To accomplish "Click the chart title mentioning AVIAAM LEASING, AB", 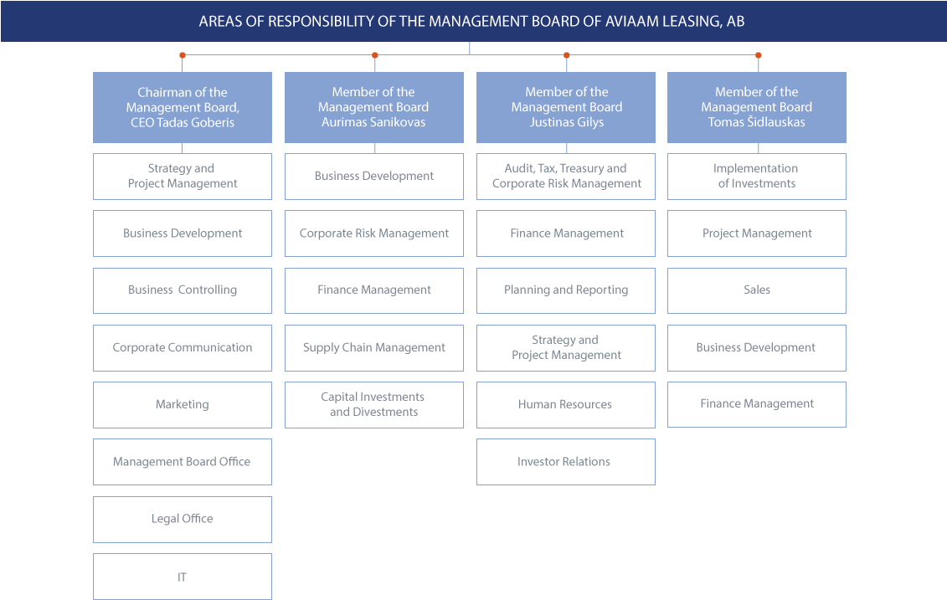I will tap(471, 21).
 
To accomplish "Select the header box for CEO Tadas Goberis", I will tap(183, 107).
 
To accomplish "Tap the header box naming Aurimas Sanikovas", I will tap(373, 107).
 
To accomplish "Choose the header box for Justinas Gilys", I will tap(566, 107).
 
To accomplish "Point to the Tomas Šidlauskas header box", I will tap(757, 107).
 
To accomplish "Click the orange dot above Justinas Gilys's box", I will tap(567, 55).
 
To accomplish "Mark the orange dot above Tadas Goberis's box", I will tap(183, 55).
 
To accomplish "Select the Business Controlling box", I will tap(183, 290).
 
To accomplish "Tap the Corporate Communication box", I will tap(183, 348).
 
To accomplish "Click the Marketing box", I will tap(183, 405).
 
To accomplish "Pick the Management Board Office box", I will tap(183, 462).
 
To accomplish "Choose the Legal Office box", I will tap(183, 520).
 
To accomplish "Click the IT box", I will tap(183, 577).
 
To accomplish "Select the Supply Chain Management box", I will tap(373, 348).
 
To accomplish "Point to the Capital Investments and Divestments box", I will tap(373, 405).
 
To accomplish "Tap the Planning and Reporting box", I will tap(566, 290).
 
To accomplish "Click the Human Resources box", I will tap(566, 405).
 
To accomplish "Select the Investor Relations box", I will tap(566, 462).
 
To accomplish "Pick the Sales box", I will tap(757, 290).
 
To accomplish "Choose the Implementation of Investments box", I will tap(757, 176).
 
